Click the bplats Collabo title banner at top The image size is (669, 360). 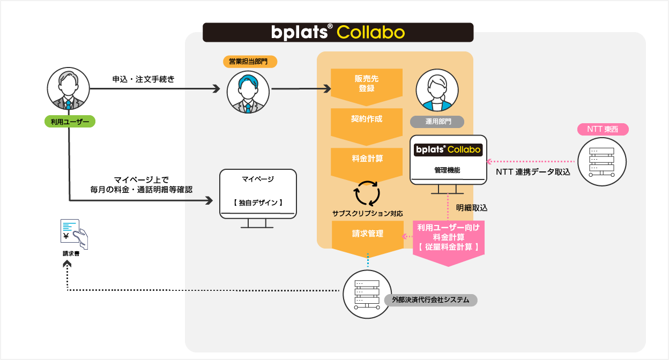click(338, 32)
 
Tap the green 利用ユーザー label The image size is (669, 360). click(69, 122)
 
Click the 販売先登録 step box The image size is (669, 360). click(366, 84)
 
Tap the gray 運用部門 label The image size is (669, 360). click(437, 122)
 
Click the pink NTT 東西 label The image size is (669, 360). click(603, 129)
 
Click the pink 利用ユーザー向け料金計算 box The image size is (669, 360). click(449, 238)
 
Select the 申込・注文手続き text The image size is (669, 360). click(143, 79)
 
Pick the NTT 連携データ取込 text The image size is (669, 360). click(532, 172)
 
